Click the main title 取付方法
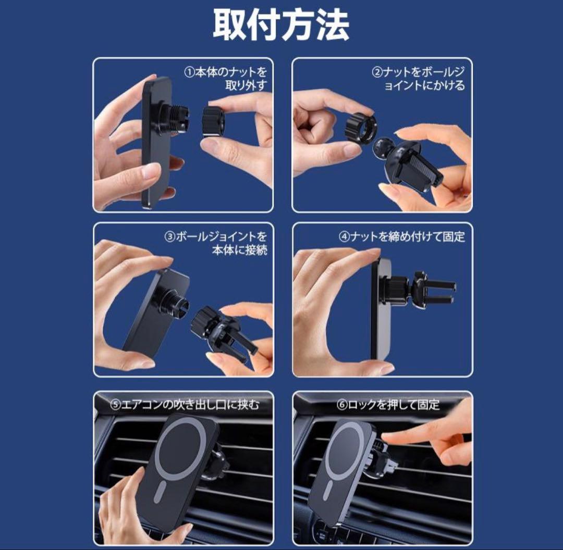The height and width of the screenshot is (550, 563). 281,24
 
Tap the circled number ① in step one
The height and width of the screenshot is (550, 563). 189,72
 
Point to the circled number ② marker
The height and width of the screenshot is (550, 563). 377,72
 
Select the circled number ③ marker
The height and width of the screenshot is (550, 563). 170,237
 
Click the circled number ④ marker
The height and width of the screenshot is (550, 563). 345,237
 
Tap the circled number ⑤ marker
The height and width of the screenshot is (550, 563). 115,405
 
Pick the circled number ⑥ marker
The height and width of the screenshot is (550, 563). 342,405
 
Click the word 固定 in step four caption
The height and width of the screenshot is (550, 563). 454,237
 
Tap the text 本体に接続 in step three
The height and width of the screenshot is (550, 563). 239,250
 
